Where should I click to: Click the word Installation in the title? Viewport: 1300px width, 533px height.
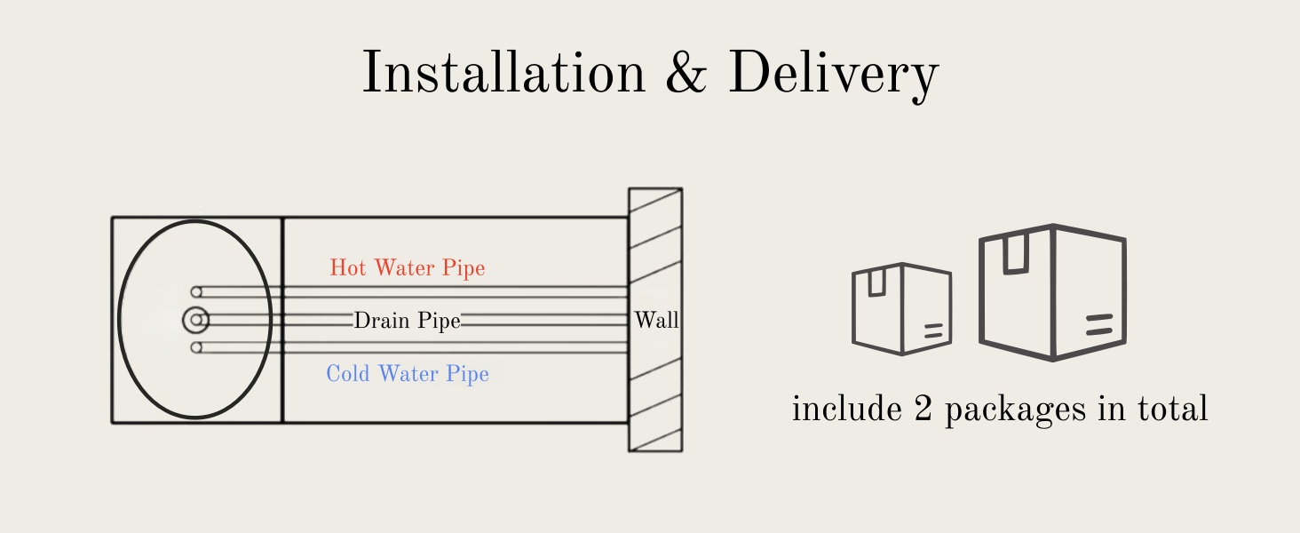[503, 72]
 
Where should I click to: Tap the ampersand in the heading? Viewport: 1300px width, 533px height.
[686, 72]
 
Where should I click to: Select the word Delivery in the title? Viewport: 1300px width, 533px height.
[834, 76]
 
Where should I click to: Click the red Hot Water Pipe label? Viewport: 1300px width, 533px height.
[408, 267]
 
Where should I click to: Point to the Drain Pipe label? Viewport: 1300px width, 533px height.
[408, 321]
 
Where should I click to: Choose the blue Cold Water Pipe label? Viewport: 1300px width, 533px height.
[408, 373]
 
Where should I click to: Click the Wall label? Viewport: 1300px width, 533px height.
[656, 320]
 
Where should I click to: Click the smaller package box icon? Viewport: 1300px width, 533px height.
[902, 309]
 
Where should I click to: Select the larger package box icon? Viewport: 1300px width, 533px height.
[1053, 292]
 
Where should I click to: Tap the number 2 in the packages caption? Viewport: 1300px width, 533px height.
[923, 408]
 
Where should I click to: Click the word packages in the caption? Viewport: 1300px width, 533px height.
[1016, 410]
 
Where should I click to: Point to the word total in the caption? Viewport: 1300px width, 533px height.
[1172, 408]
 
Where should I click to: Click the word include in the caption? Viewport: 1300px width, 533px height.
[847, 408]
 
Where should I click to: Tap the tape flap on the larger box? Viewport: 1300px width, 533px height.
[1016, 254]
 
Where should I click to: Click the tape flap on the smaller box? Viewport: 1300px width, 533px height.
[877, 282]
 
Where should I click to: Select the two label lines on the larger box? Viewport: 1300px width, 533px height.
[1099, 324]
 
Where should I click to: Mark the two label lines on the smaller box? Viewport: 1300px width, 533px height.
[933, 331]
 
